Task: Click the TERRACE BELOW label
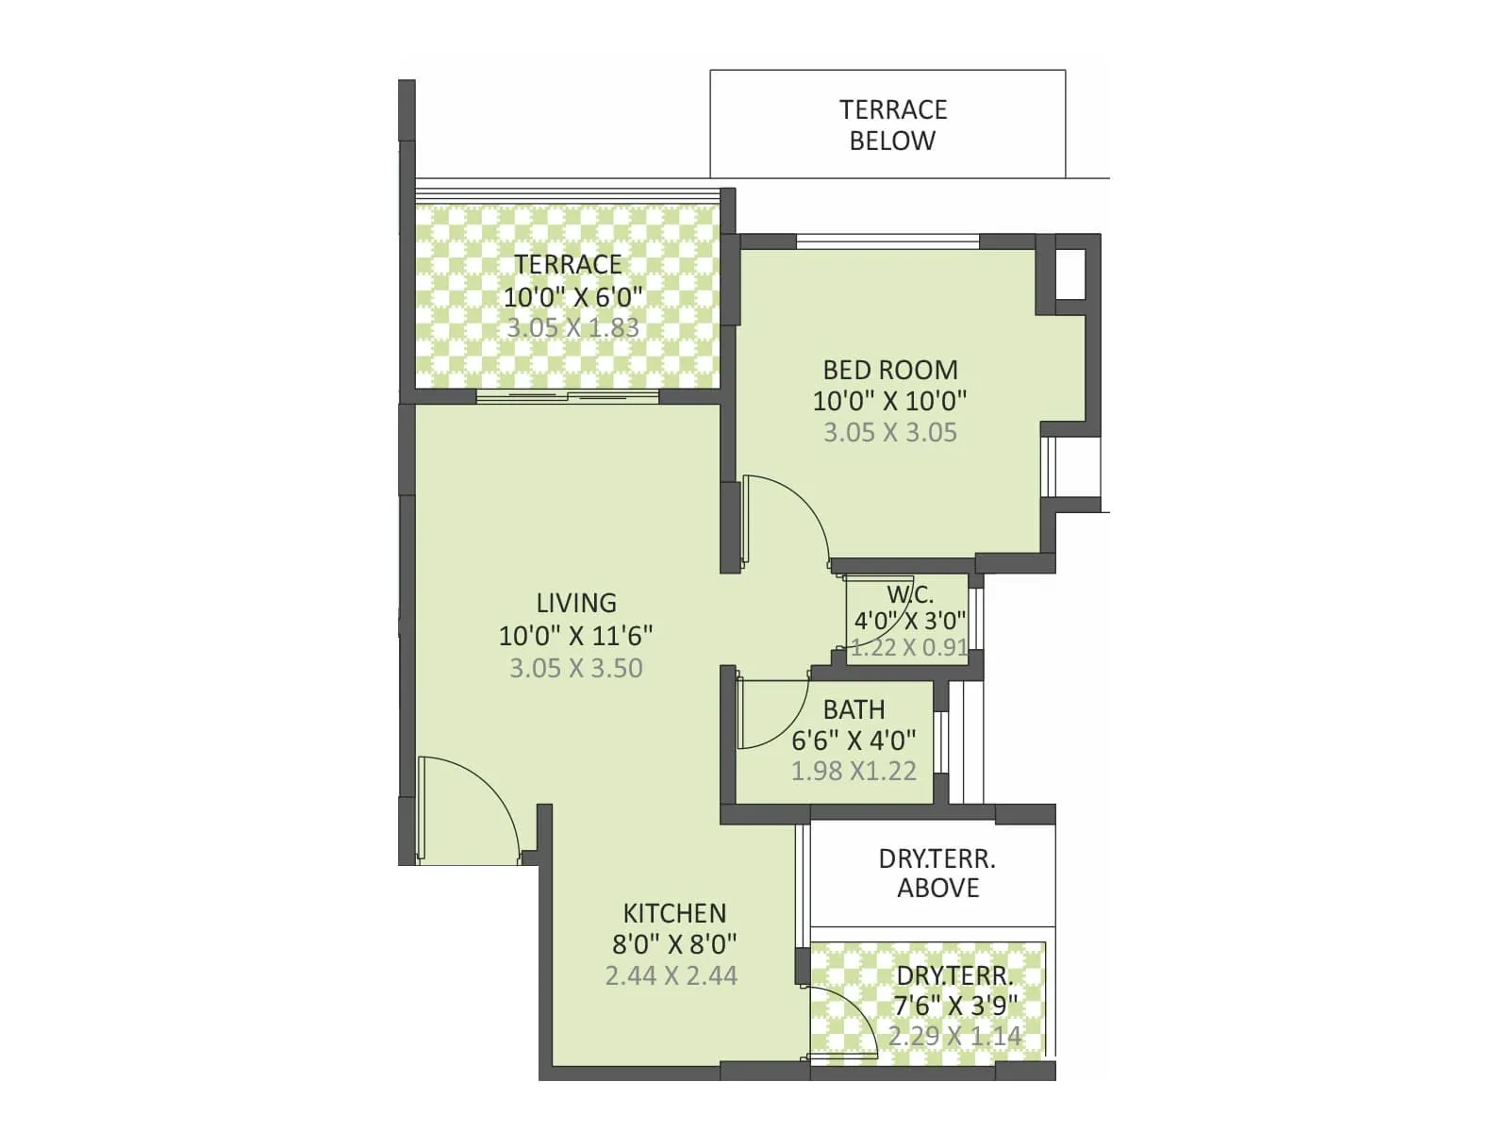point(892,125)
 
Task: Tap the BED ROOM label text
point(889,369)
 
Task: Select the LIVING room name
point(576,603)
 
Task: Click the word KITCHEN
point(674,913)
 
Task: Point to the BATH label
point(854,709)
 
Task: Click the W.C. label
point(910,595)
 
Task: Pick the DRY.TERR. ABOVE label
point(937,874)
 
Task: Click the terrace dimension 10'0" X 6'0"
point(572,296)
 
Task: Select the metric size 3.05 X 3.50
point(576,668)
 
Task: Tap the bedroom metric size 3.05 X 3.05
point(889,432)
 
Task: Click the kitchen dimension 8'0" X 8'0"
point(674,943)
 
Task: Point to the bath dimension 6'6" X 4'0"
point(854,741)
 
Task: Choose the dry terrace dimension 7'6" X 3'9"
point(955,1006)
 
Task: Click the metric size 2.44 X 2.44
point(672,975)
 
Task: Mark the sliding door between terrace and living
point(567,396)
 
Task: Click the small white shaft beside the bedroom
point(1070,273)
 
